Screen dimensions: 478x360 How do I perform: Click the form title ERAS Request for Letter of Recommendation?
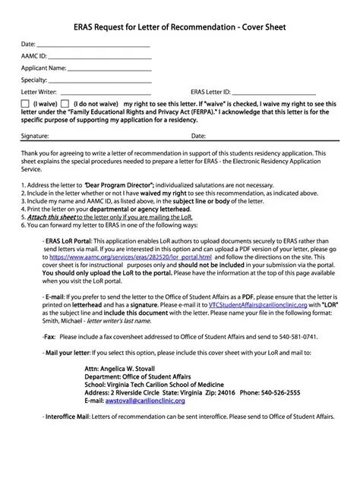[179, 27]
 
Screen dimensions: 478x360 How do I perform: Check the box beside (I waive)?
[25, 103]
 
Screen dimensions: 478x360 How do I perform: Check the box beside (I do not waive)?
[65, 103]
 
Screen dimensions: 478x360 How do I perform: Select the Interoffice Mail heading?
[68, 417]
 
